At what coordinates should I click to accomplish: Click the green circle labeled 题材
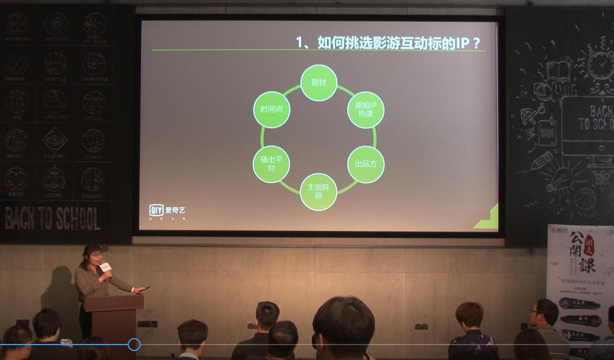click(x=318, y=83)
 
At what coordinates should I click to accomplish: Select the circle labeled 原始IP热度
click(x=365, y=110)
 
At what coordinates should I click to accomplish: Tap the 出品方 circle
click(x=365, y=164)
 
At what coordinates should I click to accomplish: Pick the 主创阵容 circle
click(x=318, y=191)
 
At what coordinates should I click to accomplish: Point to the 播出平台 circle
click(x=271, y=164)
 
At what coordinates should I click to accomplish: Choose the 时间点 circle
click(x=271, y=110)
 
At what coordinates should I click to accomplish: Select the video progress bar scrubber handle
click(x=134, y=345)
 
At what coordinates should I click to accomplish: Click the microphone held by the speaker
click(x=105, y=268)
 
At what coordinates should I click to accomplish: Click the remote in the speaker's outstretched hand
click(x=143, y=289)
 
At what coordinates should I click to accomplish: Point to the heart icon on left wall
click(x=16, y=178)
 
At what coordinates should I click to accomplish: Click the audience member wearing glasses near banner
click(x=543, y=314)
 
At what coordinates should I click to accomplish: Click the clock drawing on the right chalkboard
click(x=600, y=65)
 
